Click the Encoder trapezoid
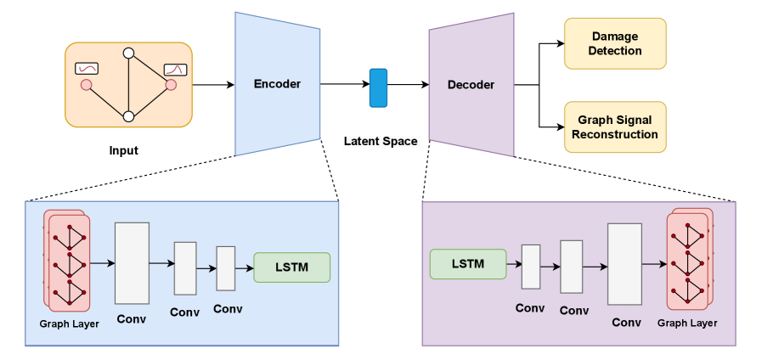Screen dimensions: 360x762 277,83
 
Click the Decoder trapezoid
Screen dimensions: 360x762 471,85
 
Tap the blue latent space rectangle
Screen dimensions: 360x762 378,88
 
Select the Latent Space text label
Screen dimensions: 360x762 381,141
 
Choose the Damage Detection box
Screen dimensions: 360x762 615,43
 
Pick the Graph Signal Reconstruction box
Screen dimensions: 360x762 615,127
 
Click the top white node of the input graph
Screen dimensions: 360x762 128,53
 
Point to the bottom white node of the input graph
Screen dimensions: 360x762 128,116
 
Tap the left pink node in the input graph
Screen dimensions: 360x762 86,85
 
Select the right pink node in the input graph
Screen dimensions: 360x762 171,85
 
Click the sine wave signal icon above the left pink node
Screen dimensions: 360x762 87,68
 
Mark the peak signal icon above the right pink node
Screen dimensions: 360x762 175,69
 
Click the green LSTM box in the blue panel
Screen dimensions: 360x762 292,267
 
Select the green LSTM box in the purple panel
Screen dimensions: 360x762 468,264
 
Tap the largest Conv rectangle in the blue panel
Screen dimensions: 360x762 132,263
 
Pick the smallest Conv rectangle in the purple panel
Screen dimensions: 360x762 531,266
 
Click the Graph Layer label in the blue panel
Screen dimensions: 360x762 70,323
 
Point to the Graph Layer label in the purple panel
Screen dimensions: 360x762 687,323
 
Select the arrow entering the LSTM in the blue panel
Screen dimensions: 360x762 245,268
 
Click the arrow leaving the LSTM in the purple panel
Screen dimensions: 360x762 513,265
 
